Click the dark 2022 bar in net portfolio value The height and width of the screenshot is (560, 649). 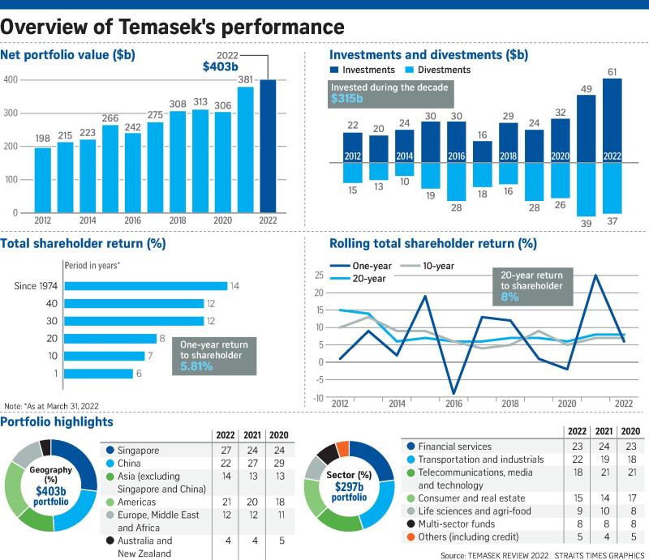click(x=268, y=146)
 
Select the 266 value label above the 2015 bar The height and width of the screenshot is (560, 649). click(x=110, y=118)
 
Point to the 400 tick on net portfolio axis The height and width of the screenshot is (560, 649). click(x=11, y=79)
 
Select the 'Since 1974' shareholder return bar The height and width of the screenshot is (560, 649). click(x=145, y=285)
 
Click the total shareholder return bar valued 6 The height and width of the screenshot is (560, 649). click(x=98, y=374)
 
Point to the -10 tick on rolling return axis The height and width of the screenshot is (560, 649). click(x=317, y=397)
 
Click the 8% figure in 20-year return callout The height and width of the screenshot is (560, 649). click(x=509, y=297)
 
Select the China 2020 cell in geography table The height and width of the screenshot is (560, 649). click(x=279, y=464)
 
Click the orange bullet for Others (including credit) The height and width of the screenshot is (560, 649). click(x=410, y=536)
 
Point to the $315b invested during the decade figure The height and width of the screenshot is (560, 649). click(x=348, y=98)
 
